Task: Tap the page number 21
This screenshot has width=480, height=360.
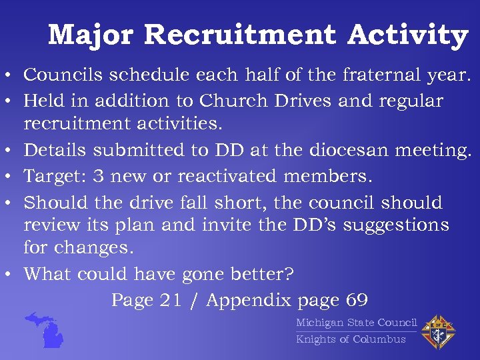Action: [x=171, y=300]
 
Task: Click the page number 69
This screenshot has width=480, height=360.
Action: [x=357, y=300]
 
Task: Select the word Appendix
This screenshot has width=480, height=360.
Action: [x=249, y=301]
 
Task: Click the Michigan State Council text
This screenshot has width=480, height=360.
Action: [x=356, y=323]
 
